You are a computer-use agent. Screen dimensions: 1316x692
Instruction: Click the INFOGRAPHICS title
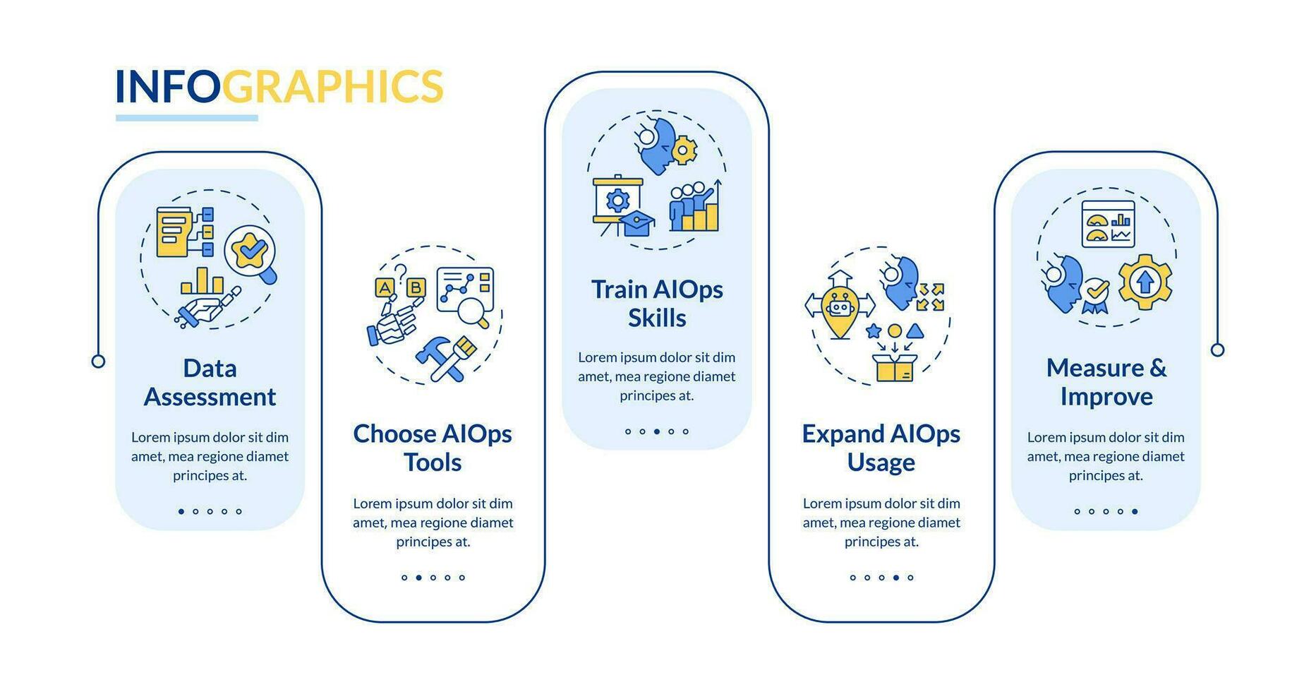click(x=279, y=86)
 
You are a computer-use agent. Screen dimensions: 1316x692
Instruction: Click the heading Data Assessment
click(x=210, y=382)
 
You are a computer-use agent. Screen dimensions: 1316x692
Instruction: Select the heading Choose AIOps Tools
click(x=433, y=448)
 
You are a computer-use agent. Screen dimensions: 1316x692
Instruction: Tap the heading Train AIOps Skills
click(x=657, y=304)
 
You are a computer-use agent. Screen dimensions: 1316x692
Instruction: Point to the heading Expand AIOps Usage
click(x=881, y=448)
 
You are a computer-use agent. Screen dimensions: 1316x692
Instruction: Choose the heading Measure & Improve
click(x=1106, y=382)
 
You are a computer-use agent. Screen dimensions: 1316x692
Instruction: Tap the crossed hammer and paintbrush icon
click(x=446, y=359)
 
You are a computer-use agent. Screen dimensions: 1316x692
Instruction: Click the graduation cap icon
click(x=636, y=223)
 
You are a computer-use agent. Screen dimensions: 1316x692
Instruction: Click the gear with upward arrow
click(x=1145, y=282)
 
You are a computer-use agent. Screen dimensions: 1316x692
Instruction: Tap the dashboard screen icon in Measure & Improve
click(x=1108, y=224)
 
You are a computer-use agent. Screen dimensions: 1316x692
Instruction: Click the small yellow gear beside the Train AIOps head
click(x=683, y=150)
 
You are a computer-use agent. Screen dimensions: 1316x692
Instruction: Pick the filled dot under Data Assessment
click(x=181, y=511)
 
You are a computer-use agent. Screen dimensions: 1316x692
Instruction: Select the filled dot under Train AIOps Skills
click(x=657, y=431)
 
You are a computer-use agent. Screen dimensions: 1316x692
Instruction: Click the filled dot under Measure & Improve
click(x=1135, y=511)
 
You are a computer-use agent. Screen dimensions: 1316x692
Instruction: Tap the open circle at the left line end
click(x=99, y=362)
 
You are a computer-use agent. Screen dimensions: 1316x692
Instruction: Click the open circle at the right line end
click(x=1217, y=350)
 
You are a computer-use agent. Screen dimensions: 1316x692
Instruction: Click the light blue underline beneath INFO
click(x=187, y=118)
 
